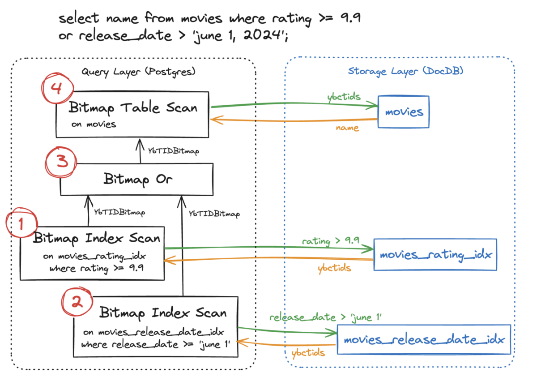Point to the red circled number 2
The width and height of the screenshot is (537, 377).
77,303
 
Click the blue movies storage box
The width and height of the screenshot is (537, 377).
403,112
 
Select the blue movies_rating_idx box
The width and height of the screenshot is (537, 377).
435,255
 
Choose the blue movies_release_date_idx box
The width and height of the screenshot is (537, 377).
423,339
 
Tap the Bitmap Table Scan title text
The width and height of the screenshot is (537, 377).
132,108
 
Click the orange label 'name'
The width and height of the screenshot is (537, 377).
347,128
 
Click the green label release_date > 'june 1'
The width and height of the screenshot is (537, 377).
325,317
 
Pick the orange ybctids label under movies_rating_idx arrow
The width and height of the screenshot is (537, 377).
334,268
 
